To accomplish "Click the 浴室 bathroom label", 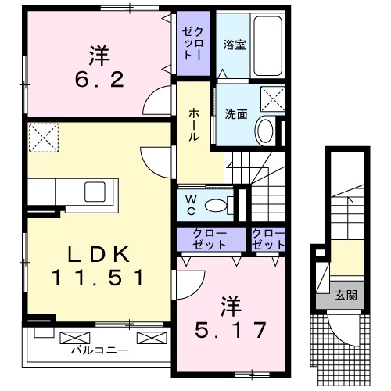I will [235, 45].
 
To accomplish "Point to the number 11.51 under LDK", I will [98, 277].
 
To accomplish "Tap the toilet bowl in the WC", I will [218, 206].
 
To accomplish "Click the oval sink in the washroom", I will [265, 130].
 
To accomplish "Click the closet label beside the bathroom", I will [193, 45].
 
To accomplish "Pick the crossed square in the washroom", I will [271, 100].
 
